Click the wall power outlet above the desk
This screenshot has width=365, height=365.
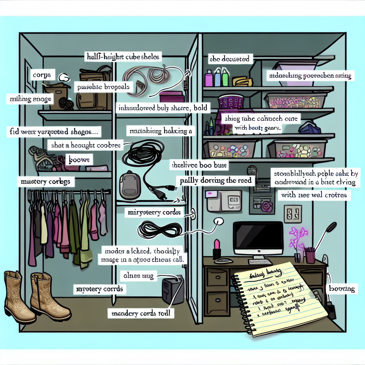coord(293,214)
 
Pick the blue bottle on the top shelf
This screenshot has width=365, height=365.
coord(217,78)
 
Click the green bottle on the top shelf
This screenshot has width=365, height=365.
coord(225,78)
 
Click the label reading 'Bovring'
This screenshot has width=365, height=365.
coord(342,289)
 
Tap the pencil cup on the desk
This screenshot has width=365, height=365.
coord(310,256)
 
